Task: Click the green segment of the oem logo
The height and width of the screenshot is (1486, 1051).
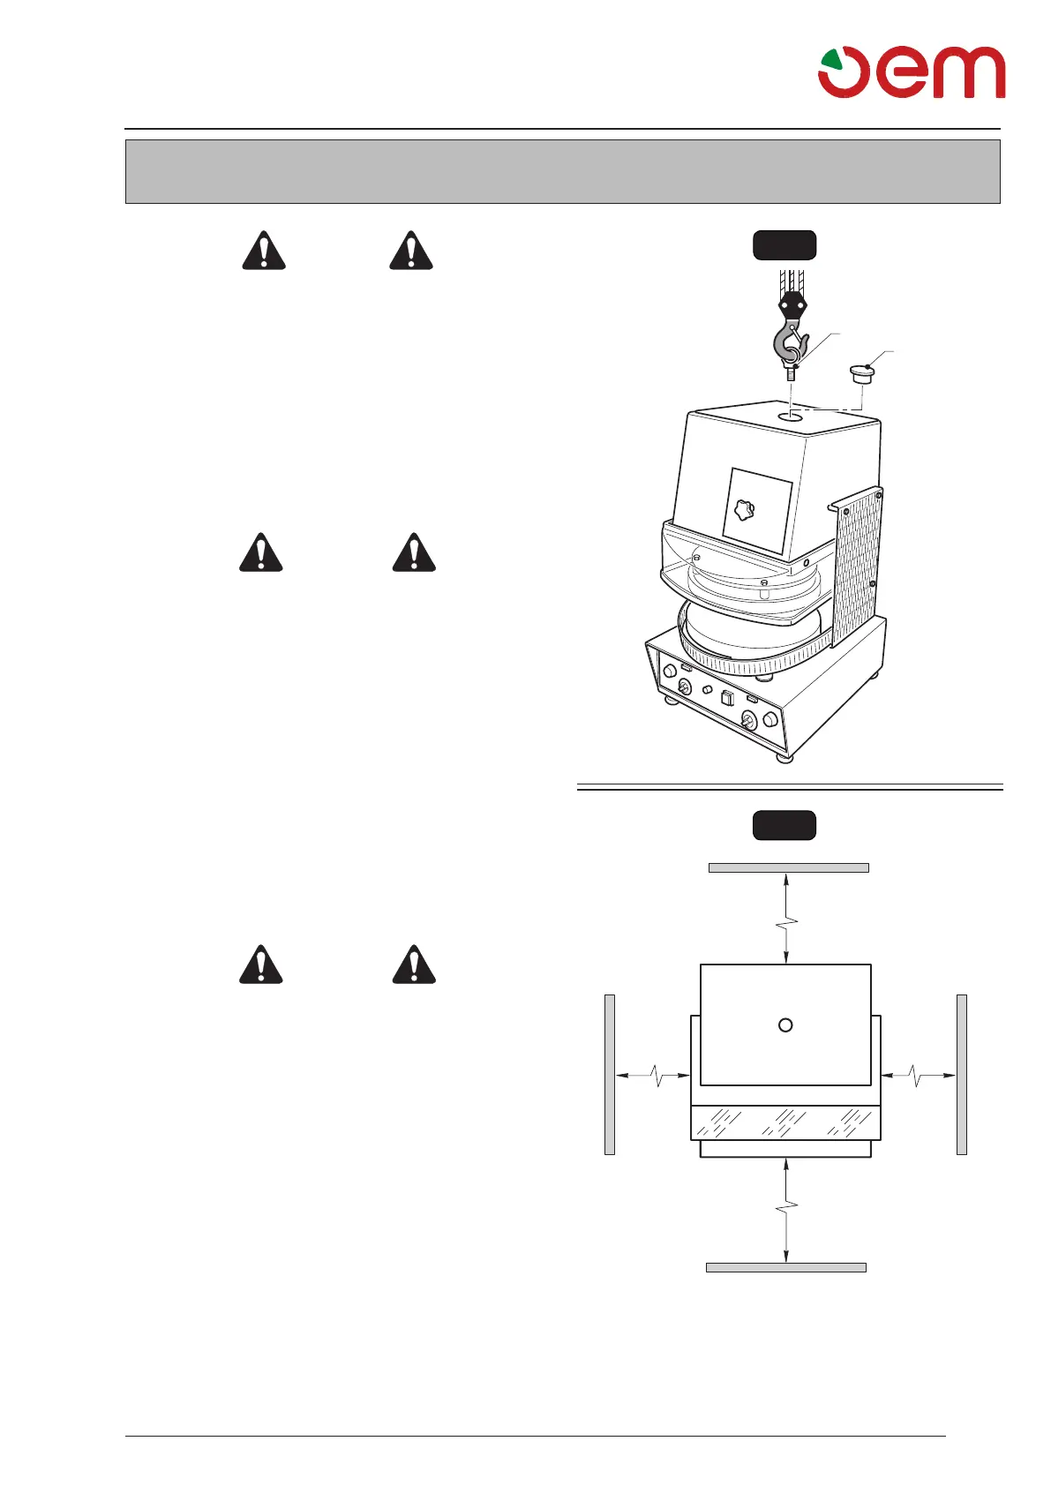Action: tap(830, 61)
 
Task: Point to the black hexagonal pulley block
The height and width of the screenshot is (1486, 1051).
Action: tap(792, 305)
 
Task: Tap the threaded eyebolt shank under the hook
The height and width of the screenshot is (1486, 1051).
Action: tap(791, 374)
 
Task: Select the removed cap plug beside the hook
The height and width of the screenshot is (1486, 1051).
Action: tap(860, 374)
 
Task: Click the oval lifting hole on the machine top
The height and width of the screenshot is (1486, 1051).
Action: tap(791, 415)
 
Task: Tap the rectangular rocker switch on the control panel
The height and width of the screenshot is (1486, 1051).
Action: tap(727, 700)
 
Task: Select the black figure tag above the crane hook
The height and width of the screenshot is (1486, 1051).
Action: tap(784, 245)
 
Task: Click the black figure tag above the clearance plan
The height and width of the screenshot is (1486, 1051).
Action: tap(784, 825)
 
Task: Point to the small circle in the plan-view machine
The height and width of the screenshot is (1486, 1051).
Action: tap(785, 1024)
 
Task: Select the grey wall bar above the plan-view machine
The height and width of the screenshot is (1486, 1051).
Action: tap(788, 867)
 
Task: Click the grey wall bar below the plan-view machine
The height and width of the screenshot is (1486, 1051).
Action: tap(785, 1267)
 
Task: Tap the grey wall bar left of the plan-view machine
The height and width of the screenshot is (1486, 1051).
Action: tap(609, 1074)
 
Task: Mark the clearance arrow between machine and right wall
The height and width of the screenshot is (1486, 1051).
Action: tap(919, 1075)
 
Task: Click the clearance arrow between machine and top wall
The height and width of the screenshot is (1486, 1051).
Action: tap(785, 918)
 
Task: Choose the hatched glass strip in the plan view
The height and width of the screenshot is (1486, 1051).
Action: tap(784, 1122)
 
